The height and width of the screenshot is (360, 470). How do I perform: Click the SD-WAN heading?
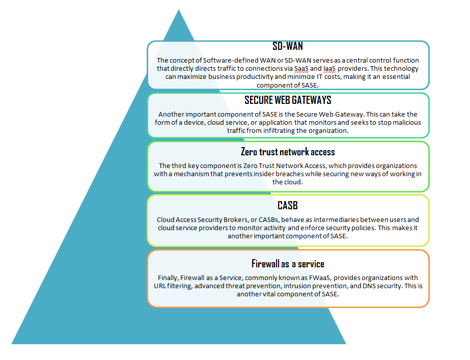click(x=288, y=46)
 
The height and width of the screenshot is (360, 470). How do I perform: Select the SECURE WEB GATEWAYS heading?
click(x=288, y=100)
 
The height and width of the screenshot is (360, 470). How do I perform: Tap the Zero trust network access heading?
click(x=288, y=152)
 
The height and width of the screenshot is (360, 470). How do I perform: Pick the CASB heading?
click(x=288, y=206)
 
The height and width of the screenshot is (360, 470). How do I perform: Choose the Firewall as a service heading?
click(x=288, y=264)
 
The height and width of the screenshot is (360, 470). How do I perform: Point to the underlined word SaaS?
click(x=301, y=69)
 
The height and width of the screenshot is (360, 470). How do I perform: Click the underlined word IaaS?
click(x=329, y=69)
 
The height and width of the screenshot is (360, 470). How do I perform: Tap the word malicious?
click(x=407, y=122)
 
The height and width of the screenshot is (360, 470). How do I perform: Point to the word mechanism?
click(x=191, y=174)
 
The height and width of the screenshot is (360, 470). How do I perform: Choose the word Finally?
click(x=168, y=278)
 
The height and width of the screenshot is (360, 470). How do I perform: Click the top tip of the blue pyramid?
click(x=179, y=10)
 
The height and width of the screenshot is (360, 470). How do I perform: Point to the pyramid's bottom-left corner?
click(x=11, y=344)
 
